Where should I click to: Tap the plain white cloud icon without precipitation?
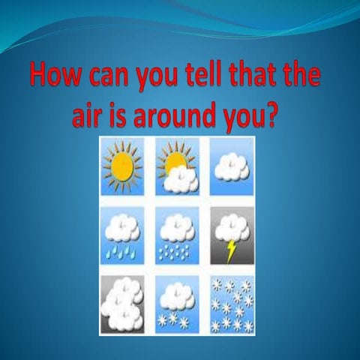232,166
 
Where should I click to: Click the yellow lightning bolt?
232,249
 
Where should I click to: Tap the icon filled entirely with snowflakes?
232,303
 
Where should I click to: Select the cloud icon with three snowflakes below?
177,303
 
